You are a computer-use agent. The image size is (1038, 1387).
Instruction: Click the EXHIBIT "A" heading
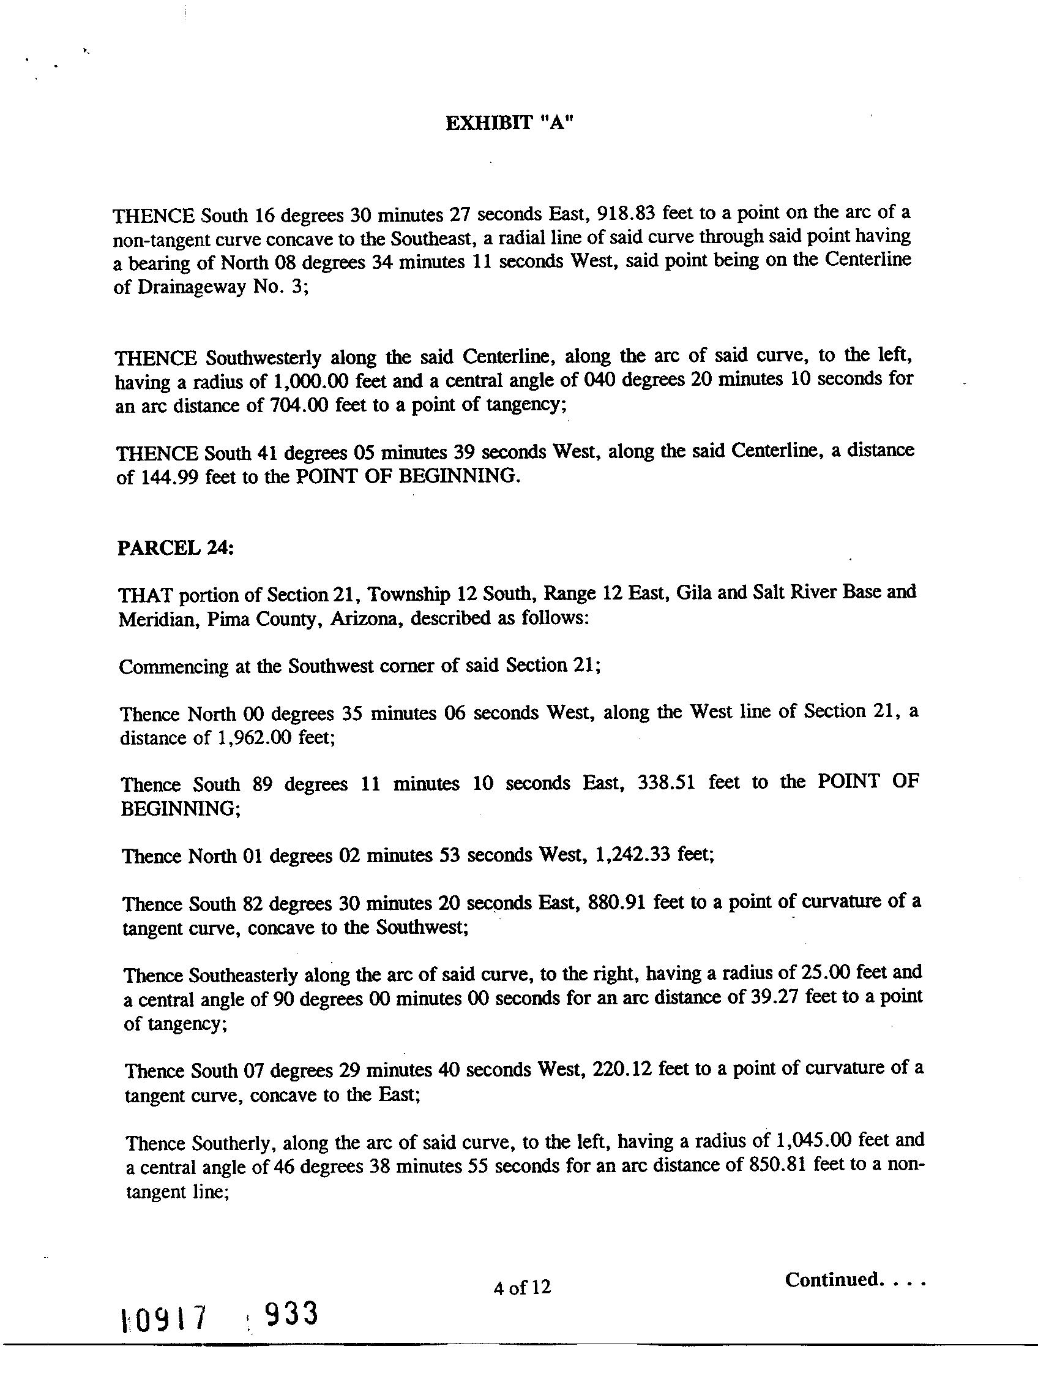pyautogui.click(x=509, y=124)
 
